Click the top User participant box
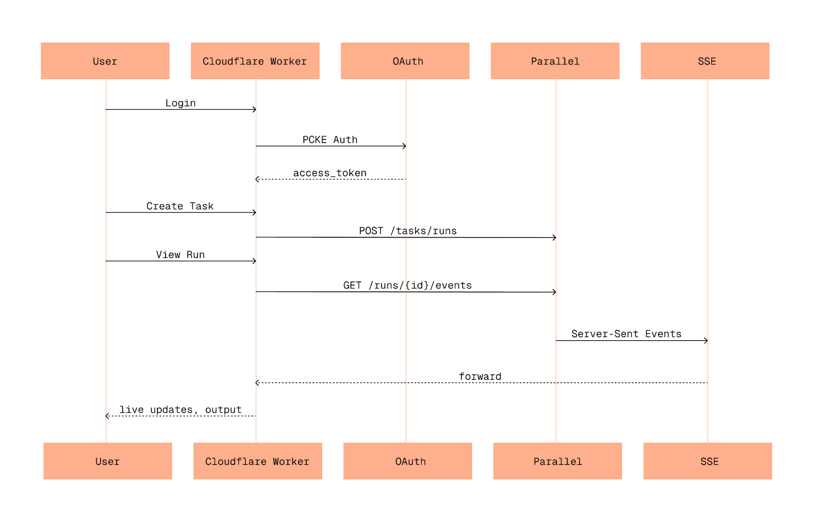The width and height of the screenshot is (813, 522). (105, 61)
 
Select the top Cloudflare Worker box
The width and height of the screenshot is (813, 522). (255, 61)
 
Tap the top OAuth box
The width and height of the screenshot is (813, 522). (405, 61)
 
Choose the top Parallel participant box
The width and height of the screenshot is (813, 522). (555, 61)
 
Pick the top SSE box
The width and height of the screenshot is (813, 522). (705, 61)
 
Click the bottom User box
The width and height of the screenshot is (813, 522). (108, 461)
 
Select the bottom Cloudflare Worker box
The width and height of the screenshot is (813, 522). (258, 461)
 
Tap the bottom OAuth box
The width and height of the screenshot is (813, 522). (408, 461)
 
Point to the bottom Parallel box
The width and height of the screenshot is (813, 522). (557, 461)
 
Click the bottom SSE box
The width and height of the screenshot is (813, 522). (707, 461)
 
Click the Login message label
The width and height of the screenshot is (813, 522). (180, 103)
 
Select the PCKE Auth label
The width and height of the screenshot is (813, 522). (330, 140)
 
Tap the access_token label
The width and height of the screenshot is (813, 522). (330, 173)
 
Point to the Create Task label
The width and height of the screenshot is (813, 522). (180, 206)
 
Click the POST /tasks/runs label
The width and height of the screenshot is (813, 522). (408, 231)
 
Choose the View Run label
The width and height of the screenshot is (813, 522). (180, 255)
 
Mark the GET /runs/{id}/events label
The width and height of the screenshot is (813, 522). (407, 285)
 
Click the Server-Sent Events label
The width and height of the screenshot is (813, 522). (626, 334)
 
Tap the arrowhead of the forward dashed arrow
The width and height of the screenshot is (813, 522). (257, 382)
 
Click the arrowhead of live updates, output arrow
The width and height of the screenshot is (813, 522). (107, 416)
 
